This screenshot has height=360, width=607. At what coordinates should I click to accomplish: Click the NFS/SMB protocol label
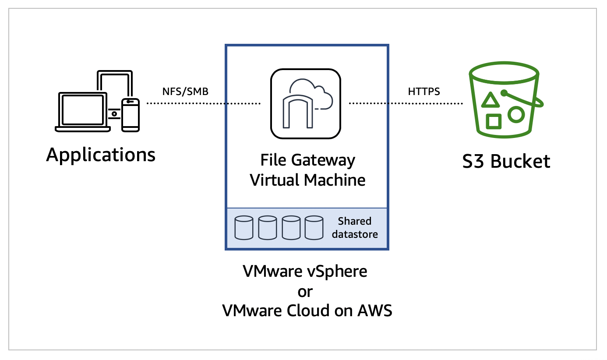coord(185,92)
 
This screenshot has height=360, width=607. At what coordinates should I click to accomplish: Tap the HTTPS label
coord(423,92)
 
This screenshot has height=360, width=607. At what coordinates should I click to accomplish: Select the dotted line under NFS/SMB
coord(203,104)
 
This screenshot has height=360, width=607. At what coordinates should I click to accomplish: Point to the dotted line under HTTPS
coord(406,104)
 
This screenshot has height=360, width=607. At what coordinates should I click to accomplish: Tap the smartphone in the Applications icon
coord(130,115)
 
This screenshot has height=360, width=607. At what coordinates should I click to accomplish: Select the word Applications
coord(101,155)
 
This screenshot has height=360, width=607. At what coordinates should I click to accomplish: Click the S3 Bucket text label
coord(506,162)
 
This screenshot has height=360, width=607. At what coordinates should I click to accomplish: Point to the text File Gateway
coord(307,160)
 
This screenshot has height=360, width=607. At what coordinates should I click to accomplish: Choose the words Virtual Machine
coord(307,180)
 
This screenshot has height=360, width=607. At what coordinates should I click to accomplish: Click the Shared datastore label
coord(354,228)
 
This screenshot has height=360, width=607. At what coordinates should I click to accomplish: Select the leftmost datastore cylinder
coord(244,227)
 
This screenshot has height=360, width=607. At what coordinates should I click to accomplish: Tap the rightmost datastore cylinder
coord(314,227)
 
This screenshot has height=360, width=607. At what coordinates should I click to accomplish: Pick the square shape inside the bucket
coord(494,121)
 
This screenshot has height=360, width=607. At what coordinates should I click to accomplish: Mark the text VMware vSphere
coord(305,272)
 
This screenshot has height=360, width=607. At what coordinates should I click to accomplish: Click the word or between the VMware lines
coord(305,291)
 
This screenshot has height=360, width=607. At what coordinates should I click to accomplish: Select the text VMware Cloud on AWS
coord(307,311)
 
